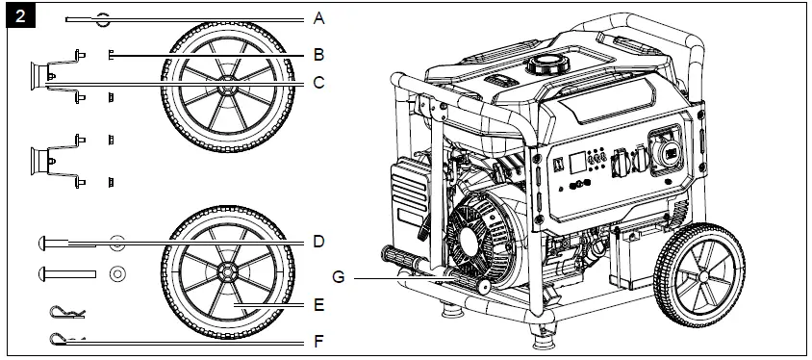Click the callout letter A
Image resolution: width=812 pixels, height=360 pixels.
(x=319, y=18)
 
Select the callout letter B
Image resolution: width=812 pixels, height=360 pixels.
(x=319, y=55)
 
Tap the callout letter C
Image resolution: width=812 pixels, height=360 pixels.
(x=319, y=84)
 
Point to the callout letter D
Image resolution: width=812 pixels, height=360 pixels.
(x=319, y=242)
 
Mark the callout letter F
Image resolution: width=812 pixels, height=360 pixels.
(x=319, y=341)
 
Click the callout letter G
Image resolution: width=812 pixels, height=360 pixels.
(x=339, y=277)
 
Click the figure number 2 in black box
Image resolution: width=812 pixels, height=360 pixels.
(x=20, y=15)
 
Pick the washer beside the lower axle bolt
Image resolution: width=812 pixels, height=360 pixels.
(x=116, y=272)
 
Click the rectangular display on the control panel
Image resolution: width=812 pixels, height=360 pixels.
(x=576, y=162)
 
